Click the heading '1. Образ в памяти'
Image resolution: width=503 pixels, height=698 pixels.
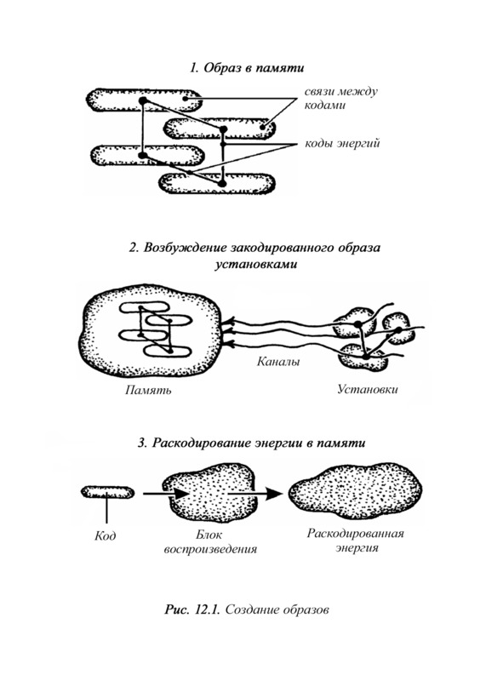247,68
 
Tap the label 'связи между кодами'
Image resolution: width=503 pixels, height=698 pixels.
341,99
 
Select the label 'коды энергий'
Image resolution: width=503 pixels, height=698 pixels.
342,144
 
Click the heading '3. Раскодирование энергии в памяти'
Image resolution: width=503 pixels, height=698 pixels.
252,443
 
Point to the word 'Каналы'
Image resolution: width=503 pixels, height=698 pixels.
278,361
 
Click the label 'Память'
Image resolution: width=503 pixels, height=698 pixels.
148,391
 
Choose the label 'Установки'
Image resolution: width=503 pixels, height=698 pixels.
367,390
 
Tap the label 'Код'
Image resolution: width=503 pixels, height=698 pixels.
105,535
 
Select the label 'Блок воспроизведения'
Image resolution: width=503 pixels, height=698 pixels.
210,541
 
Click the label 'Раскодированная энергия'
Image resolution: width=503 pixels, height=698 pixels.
355,540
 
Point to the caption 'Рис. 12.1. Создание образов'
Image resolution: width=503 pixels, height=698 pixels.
247,609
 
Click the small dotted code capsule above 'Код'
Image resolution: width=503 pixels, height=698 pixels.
107,492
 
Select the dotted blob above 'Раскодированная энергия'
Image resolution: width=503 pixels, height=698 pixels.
355,491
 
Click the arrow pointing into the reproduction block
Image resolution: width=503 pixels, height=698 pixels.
166,494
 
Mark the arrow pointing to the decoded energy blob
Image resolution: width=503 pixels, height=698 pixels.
255,493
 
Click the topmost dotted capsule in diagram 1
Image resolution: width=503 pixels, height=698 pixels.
143,100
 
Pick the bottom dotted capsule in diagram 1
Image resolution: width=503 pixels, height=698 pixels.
217,183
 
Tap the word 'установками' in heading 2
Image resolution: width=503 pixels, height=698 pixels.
255,264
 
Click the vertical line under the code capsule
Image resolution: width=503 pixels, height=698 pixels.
107,511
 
